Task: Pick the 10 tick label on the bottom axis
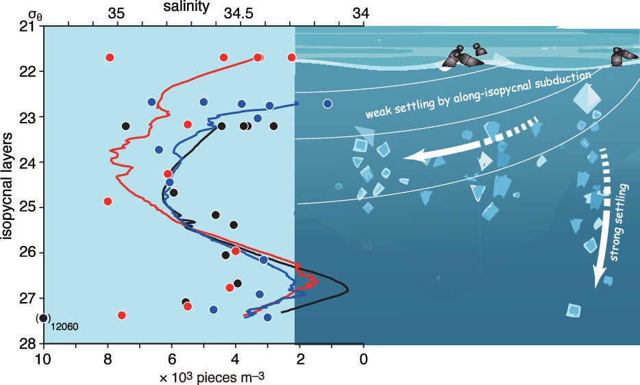44,358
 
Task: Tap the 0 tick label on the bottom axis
363,358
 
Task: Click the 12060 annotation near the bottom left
64,326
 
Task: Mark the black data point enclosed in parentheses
43,318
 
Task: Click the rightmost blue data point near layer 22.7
328,103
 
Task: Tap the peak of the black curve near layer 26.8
347,289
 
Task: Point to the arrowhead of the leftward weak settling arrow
411,157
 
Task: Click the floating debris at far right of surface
620,55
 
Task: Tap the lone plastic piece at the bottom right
574,310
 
